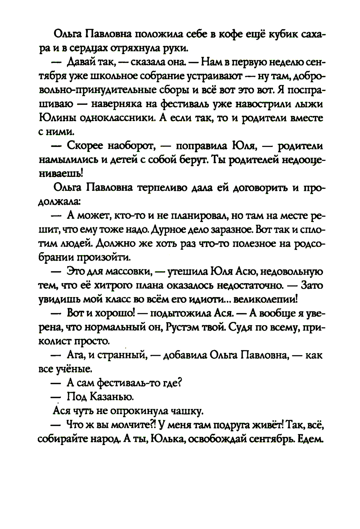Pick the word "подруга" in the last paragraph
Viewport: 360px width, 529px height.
[232, 425]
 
